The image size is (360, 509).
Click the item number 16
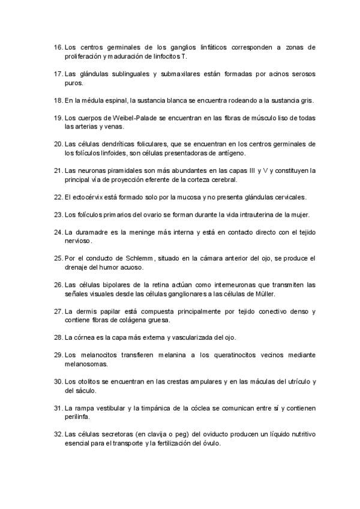58,46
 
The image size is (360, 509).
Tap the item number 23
58,214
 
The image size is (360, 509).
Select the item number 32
58,433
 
